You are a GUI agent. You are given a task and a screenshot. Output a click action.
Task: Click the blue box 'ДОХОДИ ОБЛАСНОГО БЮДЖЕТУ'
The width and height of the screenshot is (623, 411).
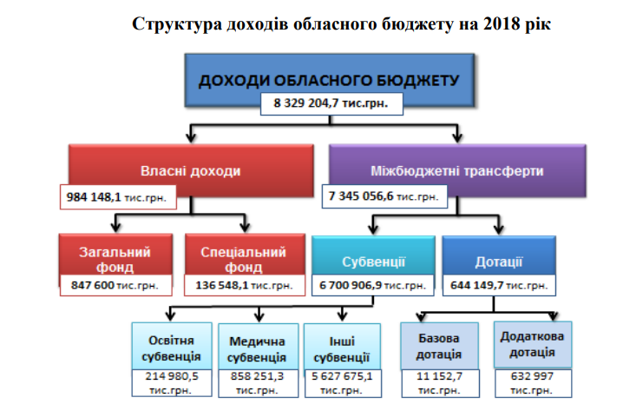point(330,74)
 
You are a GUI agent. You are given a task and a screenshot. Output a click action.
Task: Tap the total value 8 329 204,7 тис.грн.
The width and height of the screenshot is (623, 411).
point(331,104)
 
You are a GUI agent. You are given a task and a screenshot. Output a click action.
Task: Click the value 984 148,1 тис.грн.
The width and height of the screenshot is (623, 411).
point(118,197)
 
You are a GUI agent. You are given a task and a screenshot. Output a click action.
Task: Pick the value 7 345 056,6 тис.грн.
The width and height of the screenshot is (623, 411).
point(384,196)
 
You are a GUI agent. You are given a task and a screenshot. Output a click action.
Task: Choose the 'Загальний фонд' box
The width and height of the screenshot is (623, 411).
point(115,255)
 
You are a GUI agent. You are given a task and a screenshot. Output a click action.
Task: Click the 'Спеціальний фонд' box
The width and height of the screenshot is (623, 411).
point(245,255)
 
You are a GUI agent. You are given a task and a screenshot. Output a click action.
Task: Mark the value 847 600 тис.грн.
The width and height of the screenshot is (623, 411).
point(115,285)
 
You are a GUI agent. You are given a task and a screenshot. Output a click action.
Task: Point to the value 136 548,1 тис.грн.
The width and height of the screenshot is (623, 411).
point(245,285)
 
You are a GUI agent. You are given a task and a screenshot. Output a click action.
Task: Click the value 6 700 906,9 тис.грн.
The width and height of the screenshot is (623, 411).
point(373,285)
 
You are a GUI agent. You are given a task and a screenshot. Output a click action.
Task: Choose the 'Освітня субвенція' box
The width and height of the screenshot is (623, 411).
point(172,347)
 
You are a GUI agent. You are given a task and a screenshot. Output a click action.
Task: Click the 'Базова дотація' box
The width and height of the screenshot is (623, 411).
point(439,346)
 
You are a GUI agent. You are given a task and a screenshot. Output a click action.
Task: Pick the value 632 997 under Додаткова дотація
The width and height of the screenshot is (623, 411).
point(533,375)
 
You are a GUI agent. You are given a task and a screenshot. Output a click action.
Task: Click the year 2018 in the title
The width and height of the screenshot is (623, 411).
point(502,23)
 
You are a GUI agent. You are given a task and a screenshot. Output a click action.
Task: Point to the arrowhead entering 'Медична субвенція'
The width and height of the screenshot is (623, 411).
point(259,317)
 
